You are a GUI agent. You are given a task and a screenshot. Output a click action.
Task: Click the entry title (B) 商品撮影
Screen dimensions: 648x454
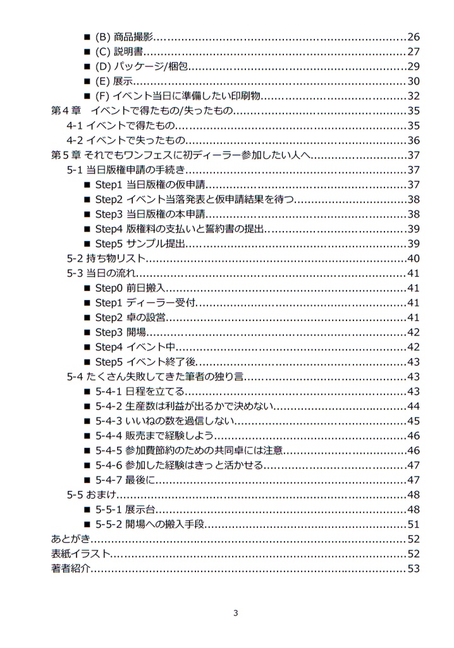pyautogui.click(x=125, y=37)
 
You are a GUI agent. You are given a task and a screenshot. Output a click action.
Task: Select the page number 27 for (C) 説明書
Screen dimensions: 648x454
pyautogui.click(x=414, y=51)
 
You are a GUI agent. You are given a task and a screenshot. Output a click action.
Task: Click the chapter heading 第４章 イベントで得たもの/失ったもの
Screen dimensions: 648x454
pyautogui.click(x=143, y=111)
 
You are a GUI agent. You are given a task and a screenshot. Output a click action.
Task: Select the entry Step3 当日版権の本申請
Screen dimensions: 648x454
pyautogui.click(x=150, y=214)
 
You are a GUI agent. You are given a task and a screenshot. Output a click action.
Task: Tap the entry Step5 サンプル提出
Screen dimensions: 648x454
pyautogui.click(x=140, y=244)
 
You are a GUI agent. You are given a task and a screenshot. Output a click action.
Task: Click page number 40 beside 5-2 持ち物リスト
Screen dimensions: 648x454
pyautogui.click(x=414, y=258)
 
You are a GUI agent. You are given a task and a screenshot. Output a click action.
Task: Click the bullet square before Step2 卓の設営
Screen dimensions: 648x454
pyautogui.click(x=87, y=318)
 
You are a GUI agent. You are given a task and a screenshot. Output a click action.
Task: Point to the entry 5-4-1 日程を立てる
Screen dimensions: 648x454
pyautogui.click(x=140, y=392)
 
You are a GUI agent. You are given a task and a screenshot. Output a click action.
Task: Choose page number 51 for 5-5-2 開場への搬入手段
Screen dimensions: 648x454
pyautogui.click(x=414, y=524)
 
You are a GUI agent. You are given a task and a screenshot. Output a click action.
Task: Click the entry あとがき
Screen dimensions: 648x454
pyautogui.click(x=70, y=539)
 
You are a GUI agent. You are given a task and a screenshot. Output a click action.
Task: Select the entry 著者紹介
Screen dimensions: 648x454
pyautogui.click(x=70, y=569)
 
